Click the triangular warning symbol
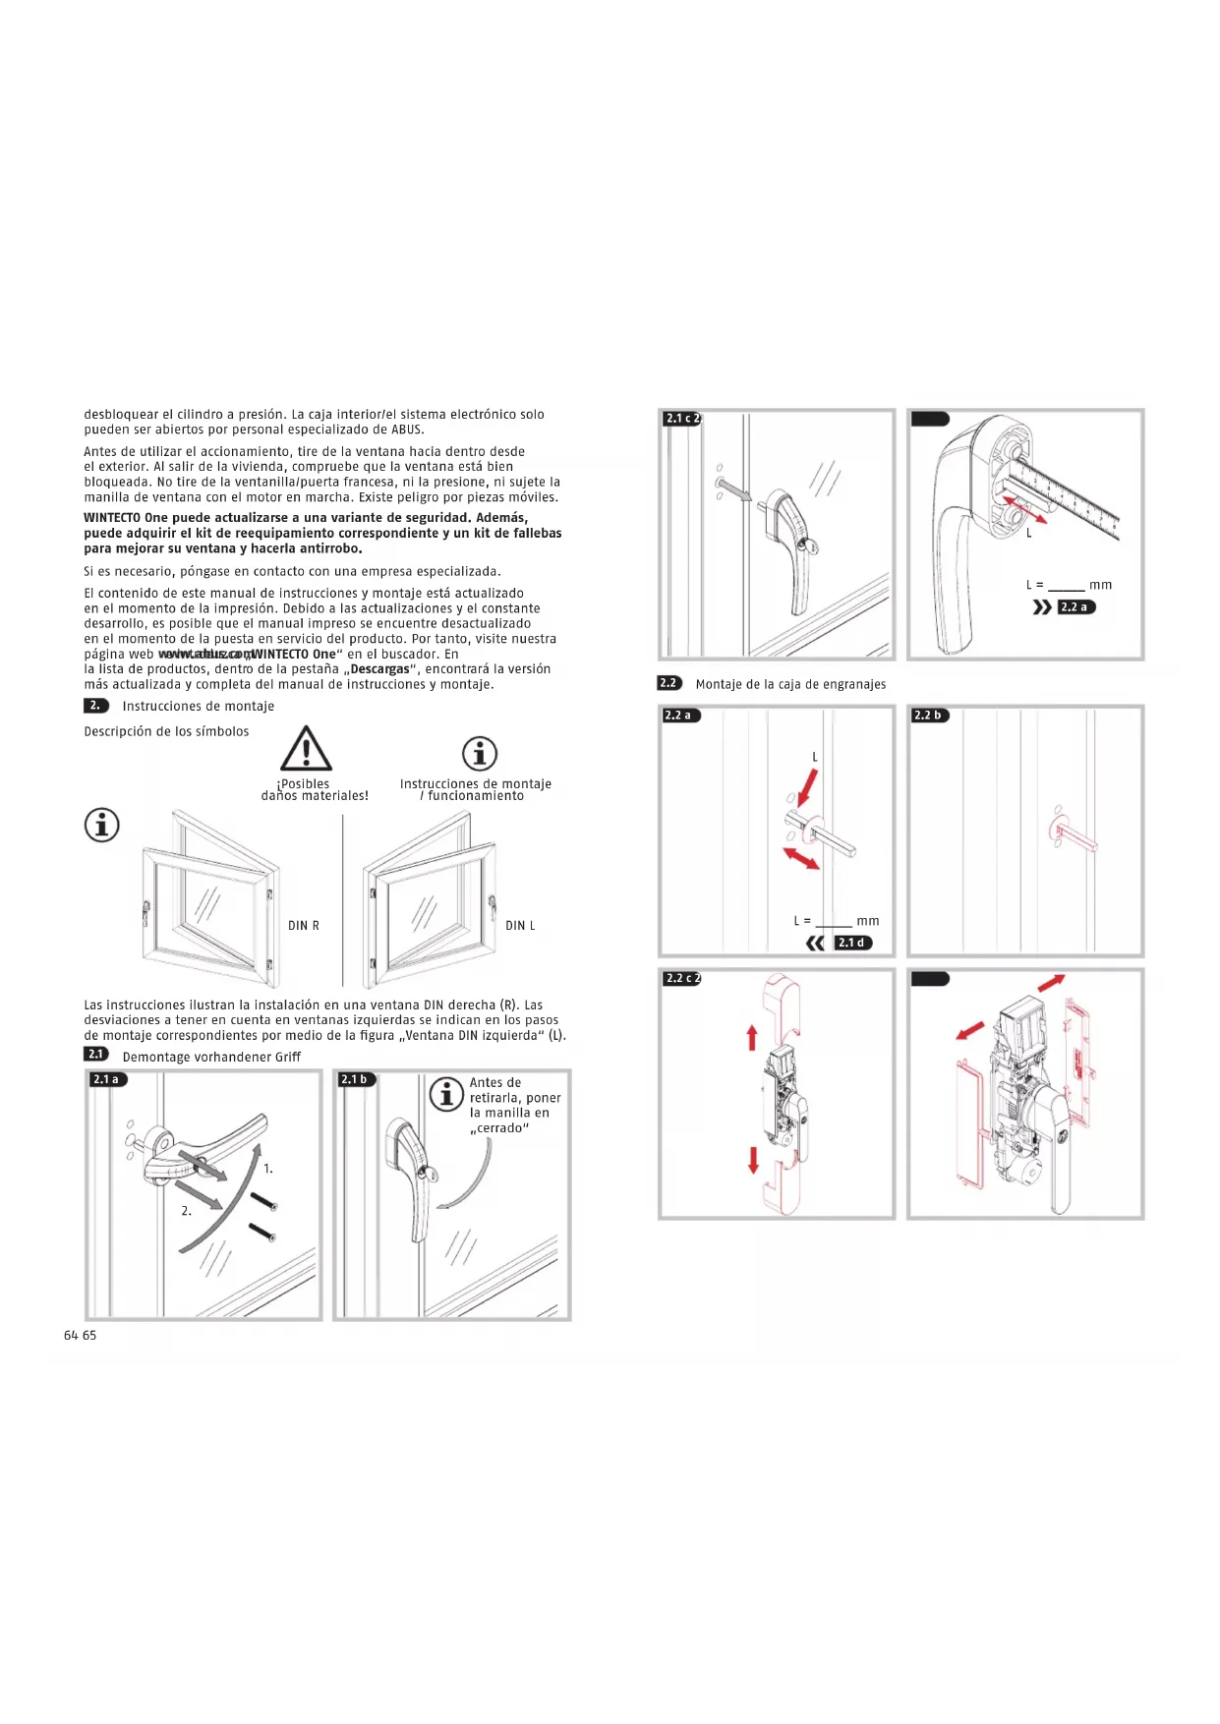pyautogui.click(x=306, y=750)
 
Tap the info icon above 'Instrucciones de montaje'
pyautogui.click(x=480, y=754)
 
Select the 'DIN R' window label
pyautogui.click(x=303, y=926)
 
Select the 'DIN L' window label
pyautogui.click(x=520, y=926)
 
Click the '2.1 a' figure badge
pyautogui.click(x=108, y=1079)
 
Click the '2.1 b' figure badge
pyautogui.click(x=356, y=1079)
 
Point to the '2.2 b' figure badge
pyautogui.click(x=929, y=716)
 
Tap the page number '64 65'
pyautogui.click(x=81, y=1335)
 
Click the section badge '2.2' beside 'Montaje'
pyautogui.click(x=669, y=683)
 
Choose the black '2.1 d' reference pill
pyautogui.click(x=852, y=943)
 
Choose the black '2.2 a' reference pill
pyautogui.click(x=1075, y=607)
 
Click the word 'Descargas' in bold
pyautogui.click(x=379, y=669)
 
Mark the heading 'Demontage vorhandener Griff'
pyautogui.click(x=211, y=1057)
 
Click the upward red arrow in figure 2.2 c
pyautogui.click(x=752, y=1037)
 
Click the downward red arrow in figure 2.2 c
pyautogui.click(x=753, y=1159)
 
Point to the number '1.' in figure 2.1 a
pyautogui.click(x=268, y=1169)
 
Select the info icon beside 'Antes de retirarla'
pyautogui.click(x=446, y=1093)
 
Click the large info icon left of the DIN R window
pyautogui.click(x=102, y=825)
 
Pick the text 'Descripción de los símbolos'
pyautogui.click(x=166, y=731)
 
